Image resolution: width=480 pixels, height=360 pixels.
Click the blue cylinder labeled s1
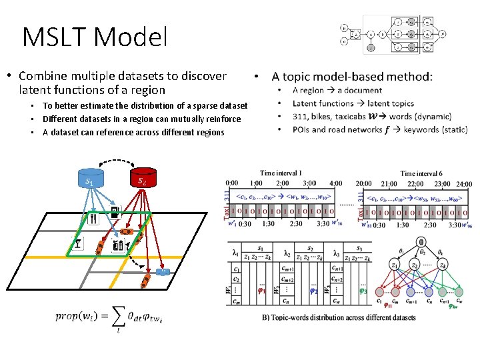pyautogui.click(x=89, y=179)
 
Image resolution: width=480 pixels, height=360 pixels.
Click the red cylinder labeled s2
pyautogui.click(x=142, y=178)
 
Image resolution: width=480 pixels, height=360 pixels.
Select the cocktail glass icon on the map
pyautogui.click(x=79, y=244)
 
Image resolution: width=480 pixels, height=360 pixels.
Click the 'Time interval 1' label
pyautogui.click(x=281, y=173)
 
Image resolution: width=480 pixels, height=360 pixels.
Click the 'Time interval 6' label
pyautogui.click(x=422, y=173)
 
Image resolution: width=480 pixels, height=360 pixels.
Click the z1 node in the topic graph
pyautogui.click(x=395, y=265)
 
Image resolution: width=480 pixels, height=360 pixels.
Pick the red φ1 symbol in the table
pyautogui.click(x=263, y=291)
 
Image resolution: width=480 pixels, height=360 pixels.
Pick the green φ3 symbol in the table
pyautogui.click(x=363, y=291)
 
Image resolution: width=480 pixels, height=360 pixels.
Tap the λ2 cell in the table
pyautogui.click(x=285, y=253)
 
